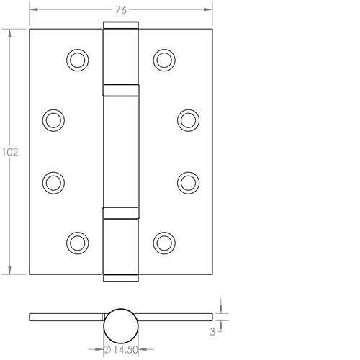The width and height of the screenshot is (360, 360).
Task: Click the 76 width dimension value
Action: (121, 9)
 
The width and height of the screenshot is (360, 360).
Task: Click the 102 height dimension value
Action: (9, 153)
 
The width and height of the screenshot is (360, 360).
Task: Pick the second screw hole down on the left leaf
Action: (53, 118)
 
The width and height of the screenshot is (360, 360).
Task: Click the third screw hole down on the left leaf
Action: (53, 181)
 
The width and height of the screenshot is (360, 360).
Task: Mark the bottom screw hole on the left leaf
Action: (76, 240)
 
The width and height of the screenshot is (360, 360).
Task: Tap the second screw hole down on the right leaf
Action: (189, 118)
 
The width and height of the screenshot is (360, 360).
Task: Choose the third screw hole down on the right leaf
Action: (189, 181)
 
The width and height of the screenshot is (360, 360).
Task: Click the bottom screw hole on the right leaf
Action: (166, 240)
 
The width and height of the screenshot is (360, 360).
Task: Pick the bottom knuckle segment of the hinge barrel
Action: (121, 243)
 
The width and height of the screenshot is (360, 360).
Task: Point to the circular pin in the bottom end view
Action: (121, 325)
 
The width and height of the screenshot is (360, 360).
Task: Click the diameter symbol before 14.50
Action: (106, 351)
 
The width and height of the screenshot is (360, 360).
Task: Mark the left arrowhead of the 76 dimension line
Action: (33, 9)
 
